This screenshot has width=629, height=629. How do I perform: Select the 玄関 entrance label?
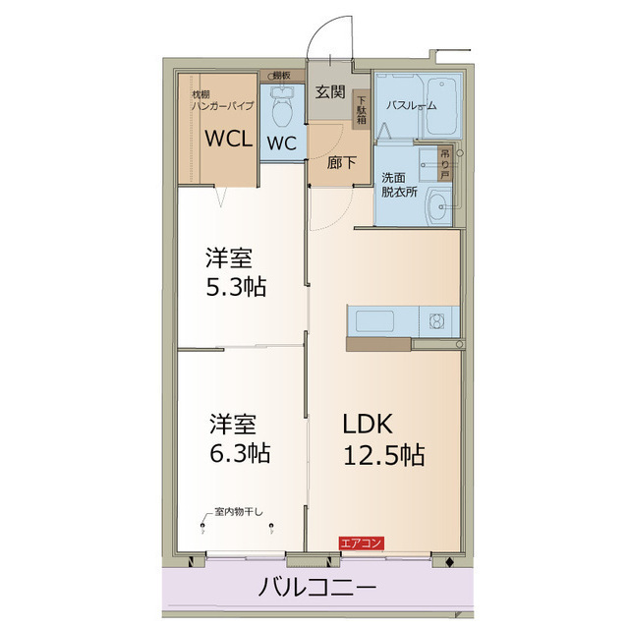[328, 93]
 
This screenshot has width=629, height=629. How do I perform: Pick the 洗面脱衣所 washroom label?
[399, 185]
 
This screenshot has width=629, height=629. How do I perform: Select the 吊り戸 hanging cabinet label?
[445, 162]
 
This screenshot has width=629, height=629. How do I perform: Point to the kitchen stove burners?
[433, 320]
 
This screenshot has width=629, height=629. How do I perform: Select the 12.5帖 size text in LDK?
[382, 455]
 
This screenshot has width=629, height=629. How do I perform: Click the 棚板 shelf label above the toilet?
[281, 76]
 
